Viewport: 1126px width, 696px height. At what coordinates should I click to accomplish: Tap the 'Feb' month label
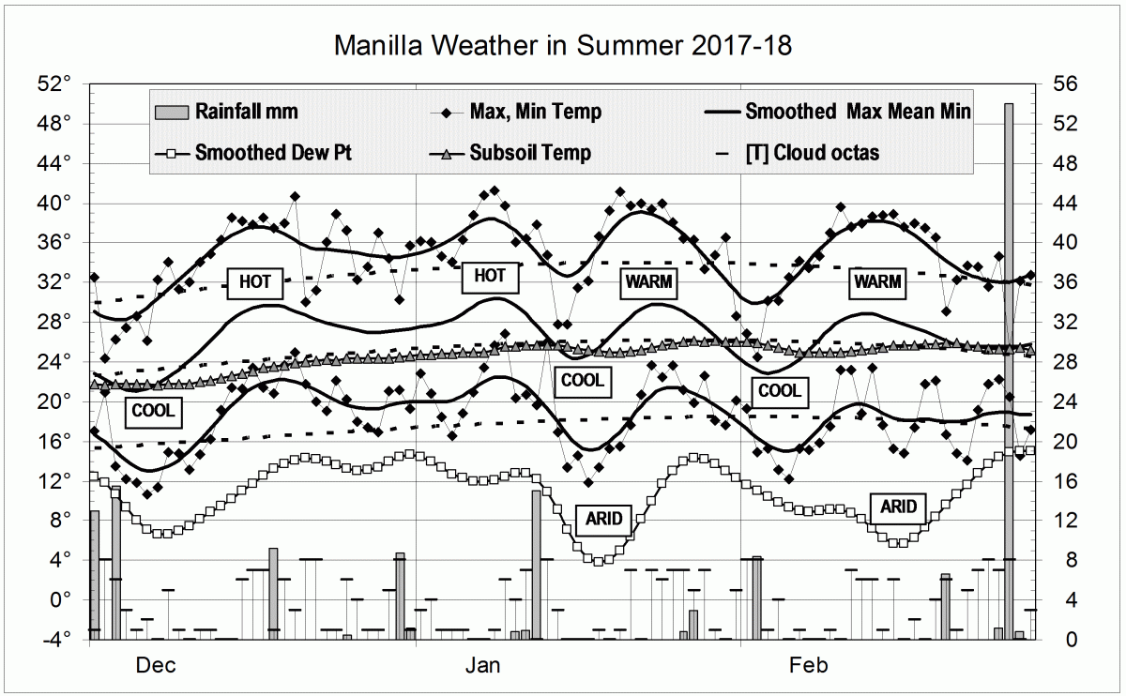tap(809, 666)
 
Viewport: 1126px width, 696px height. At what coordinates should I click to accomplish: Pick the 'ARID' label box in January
tap(604, 518)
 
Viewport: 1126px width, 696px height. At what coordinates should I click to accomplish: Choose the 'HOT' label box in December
tap(255, 281)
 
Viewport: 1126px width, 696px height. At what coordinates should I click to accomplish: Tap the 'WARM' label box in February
tap(877, 281)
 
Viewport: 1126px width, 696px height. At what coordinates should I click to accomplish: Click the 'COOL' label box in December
tap(153, 410)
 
